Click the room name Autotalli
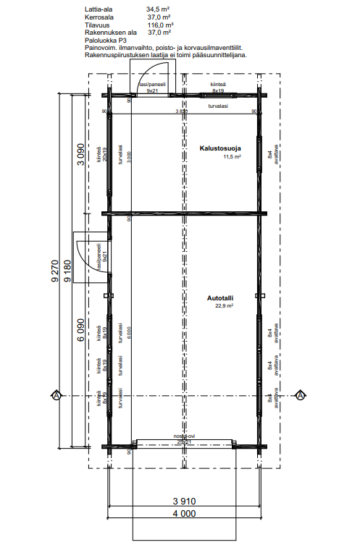220,297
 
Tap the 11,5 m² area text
231,156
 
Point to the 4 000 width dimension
184,515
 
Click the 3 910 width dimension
184,501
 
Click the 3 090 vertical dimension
80,156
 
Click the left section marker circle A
55,395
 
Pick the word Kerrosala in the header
99,17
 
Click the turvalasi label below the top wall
217,106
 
